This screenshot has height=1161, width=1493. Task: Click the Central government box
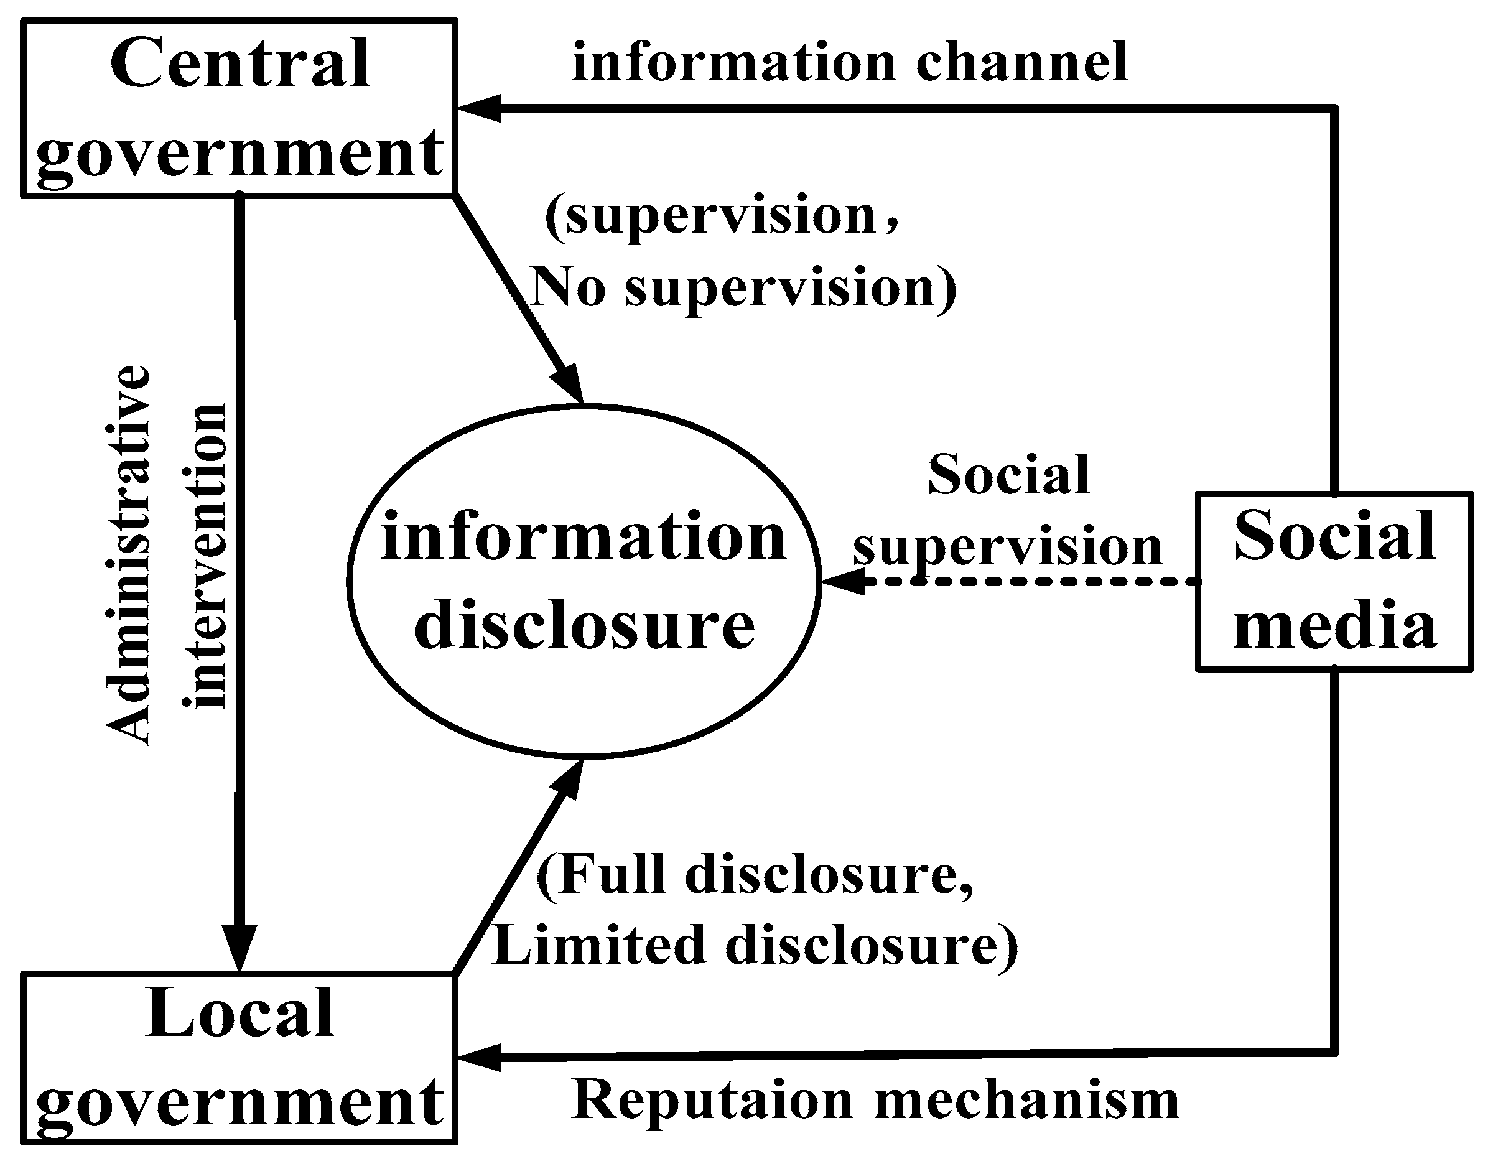(240, 108)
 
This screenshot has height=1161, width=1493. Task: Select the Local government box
(240, 1058)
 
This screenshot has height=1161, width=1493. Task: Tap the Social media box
(1334, 581)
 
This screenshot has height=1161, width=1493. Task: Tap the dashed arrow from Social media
(1025, 582)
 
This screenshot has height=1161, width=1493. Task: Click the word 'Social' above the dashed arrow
(1008, 475)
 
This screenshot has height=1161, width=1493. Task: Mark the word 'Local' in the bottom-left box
(240, 1014)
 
